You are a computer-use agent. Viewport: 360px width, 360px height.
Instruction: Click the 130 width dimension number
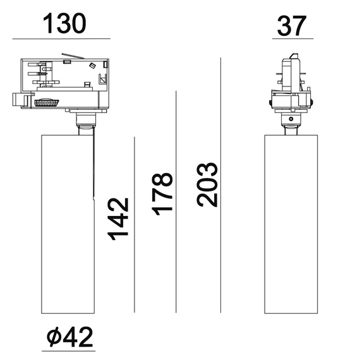[x=64, y=23]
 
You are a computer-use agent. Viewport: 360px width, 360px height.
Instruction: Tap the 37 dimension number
[x=292, y=25]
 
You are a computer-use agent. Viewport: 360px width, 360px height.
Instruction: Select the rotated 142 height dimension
[x=119, y=219]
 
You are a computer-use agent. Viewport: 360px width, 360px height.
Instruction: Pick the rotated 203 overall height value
[x=207, y=184]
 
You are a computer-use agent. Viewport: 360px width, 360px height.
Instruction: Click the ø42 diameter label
[x=70, y=337]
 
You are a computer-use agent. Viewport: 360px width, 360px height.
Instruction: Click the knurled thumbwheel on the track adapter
[x=47, y=102]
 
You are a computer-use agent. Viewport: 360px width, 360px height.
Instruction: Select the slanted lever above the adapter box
[x=73, y=56]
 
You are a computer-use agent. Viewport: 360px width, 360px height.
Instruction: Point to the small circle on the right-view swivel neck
[x=291, y=119]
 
